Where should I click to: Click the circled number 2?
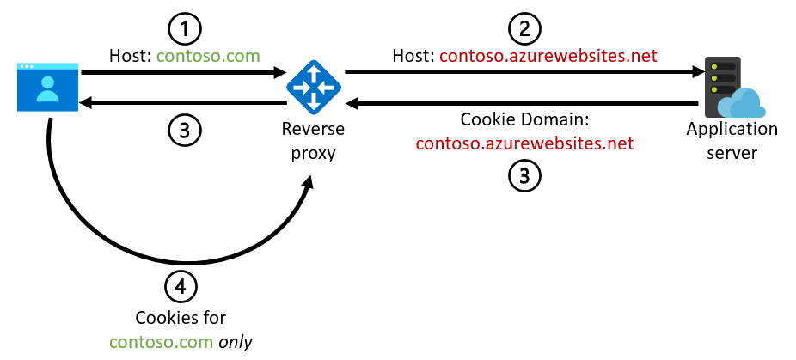[x=524, y=29]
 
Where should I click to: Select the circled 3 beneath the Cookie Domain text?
[x=524, y=175]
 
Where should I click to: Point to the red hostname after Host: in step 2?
[x=548, y=56]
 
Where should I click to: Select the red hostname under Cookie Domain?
[x=524, y=143]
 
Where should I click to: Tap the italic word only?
[x=236, y=341]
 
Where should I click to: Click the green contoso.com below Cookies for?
[x=162, y=341]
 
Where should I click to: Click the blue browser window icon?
[x=48, y=87]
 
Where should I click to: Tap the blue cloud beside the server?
[x=743, y=103]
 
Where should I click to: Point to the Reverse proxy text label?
[x=313, y=141]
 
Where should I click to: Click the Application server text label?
[x=732, y=141]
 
